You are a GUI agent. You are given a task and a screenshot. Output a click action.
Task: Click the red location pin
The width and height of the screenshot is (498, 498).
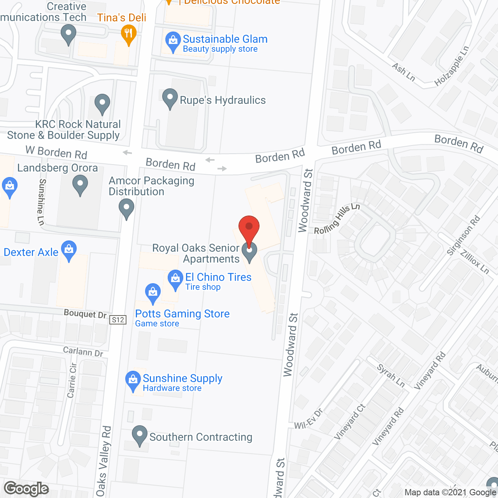[249, 228]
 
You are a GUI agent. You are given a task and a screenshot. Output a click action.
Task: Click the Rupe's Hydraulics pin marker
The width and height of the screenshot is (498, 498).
[170, 98]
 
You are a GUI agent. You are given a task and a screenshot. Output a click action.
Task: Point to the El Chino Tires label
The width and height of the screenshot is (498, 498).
[218, 277]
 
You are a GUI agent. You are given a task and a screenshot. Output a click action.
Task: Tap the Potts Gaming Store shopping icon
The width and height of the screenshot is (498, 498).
[153, 293]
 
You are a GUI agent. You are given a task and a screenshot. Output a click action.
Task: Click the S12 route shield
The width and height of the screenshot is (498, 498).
[118, 320]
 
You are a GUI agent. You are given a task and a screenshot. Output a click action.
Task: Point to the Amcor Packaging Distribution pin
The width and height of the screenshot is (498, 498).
[126, 208]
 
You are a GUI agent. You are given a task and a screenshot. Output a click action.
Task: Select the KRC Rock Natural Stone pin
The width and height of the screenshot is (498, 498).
[102, 103]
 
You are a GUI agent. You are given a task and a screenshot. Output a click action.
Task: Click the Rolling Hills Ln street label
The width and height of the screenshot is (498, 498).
[337, 219]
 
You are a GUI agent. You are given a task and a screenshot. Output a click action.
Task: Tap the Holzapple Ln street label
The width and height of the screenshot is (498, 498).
[452, 66]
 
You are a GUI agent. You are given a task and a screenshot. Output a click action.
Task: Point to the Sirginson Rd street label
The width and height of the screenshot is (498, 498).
[463, 235]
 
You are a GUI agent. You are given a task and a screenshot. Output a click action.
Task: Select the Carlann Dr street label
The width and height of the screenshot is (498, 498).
[83, 352]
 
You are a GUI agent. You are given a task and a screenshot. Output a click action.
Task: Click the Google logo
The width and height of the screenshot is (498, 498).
[26, 489]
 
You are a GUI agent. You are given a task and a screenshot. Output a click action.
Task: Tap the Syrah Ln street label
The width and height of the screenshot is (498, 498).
[391, 375]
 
